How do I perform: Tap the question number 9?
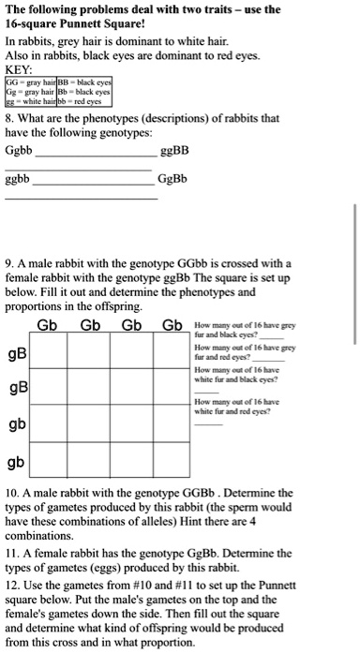coord(8,262)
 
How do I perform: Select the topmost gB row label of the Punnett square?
coord(16,354)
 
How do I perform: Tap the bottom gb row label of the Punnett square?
coord(16,463)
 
